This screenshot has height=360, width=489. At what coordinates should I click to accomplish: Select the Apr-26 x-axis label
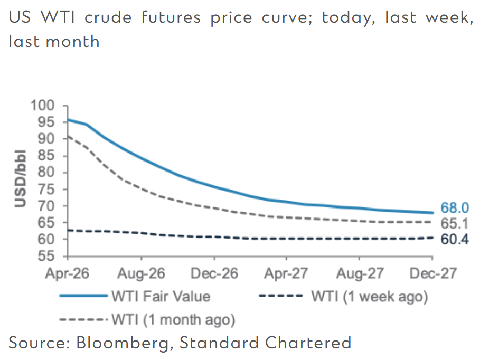click(x=68, y=274)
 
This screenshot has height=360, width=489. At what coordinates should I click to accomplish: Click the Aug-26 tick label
click(x=141, y=274)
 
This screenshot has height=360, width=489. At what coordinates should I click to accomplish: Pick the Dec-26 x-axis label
click(x=214, y=274)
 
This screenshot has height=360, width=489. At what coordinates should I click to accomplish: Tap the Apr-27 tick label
click(x=286, y=274)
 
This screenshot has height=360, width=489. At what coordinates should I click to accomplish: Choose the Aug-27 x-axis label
click(x=359, y=274)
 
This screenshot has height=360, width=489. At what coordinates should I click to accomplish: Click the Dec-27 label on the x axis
click(x=432, y=274)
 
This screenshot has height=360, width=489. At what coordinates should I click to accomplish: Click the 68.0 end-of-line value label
click(x=454, y=207)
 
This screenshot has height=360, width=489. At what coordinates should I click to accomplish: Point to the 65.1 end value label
click(x=454, y=223)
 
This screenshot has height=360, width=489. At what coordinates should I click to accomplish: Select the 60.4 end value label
click(x=454, y=240)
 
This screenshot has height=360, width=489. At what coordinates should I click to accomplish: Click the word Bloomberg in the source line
click(x=125, y=343)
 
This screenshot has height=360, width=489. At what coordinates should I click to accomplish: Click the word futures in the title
click(x=166, y=17)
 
